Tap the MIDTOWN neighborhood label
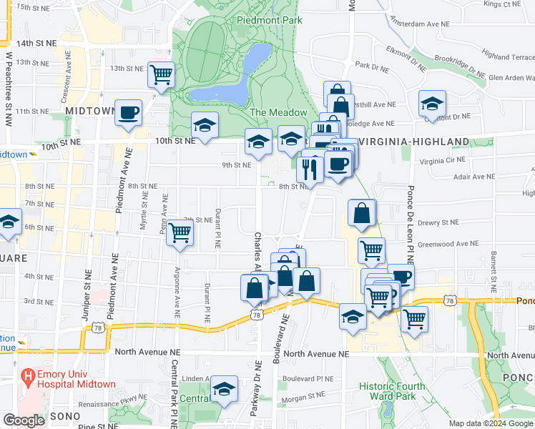(90, 111)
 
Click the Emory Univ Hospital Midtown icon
(29, 375)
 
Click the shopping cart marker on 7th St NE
(180, 232)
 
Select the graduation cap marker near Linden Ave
(225, 389)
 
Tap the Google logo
(24, 420)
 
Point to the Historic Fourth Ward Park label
(392, 392)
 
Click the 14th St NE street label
(36, 43)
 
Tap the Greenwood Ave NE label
(448, 244)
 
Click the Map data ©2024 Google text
(490, 423)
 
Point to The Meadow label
(279, 112)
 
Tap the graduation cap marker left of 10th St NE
(205, 127)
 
